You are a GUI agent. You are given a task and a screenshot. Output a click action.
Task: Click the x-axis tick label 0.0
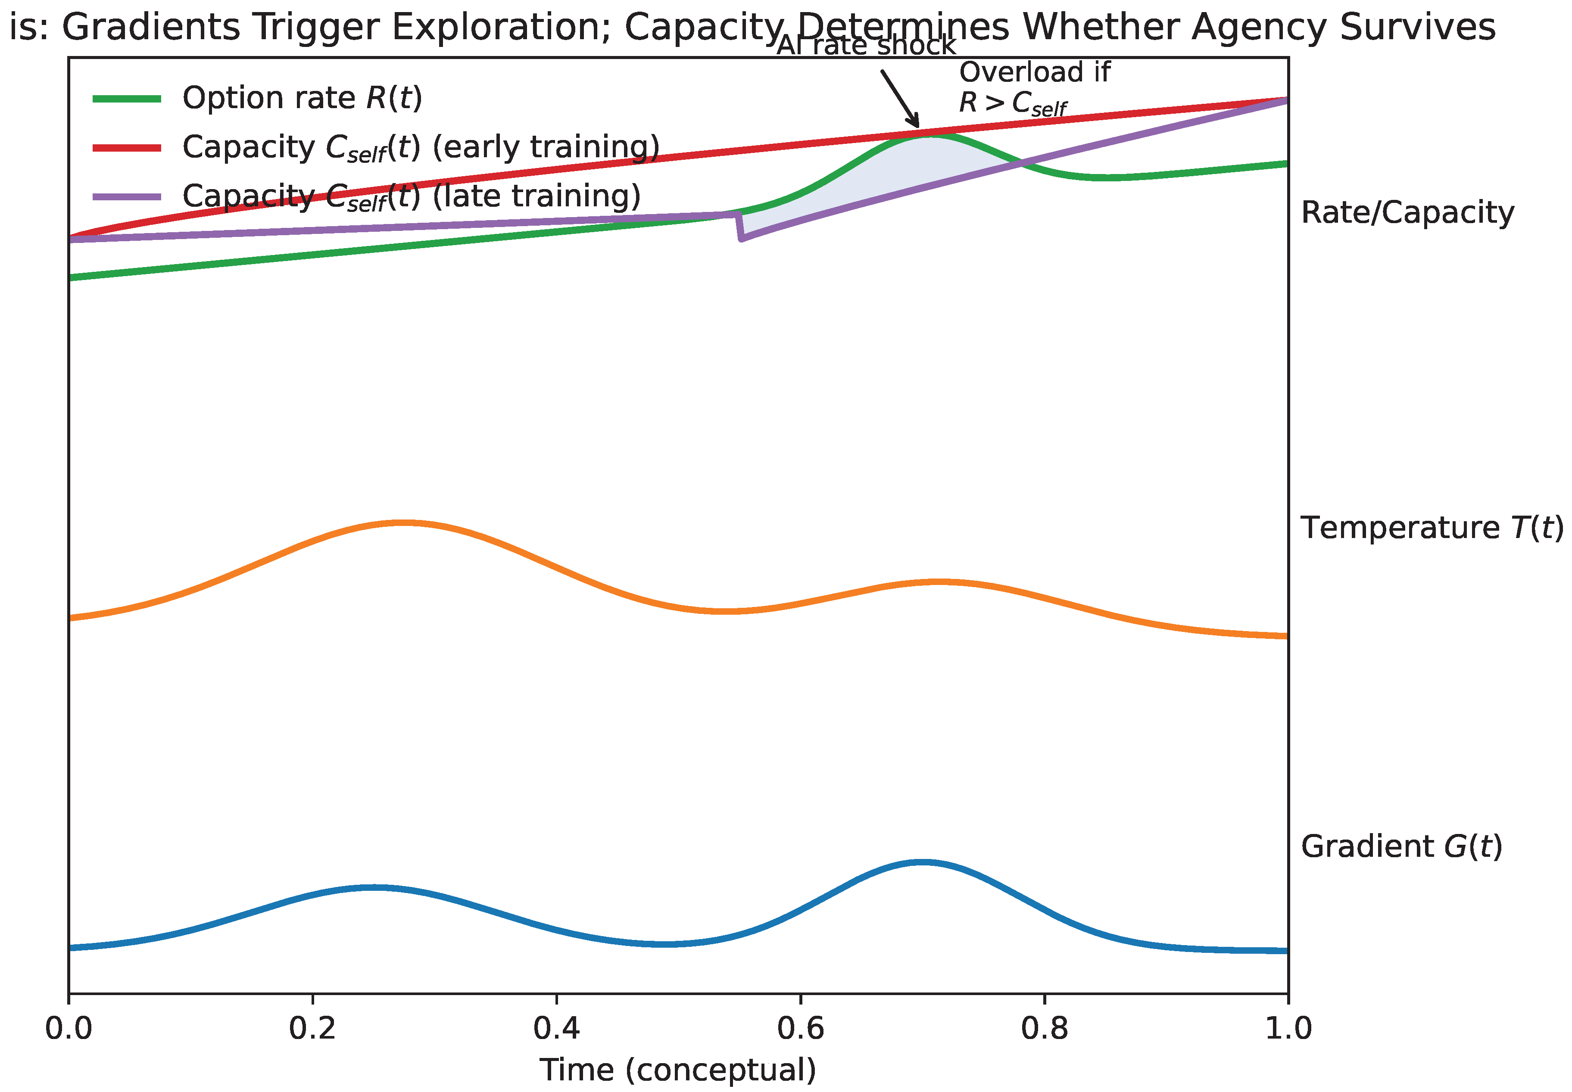click(x=69, y=1028)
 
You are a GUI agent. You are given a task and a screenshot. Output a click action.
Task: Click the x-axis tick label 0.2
click(x=312, y=1028)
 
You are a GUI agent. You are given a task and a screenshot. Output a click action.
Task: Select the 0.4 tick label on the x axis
click(x=556, y=1028)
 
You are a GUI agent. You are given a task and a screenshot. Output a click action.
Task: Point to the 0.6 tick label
click(x=800, y=1028)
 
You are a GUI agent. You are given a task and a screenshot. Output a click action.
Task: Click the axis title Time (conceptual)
click(x=677, y=1070)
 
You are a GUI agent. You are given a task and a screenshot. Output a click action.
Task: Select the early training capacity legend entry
click(x=420, y=147)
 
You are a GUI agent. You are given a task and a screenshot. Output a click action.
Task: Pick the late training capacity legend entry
click(x=411, y=196)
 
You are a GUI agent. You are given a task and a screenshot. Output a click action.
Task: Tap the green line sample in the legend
click(x=127, y=99)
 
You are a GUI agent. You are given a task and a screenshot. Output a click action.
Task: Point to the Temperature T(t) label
click(x=1432, y=528)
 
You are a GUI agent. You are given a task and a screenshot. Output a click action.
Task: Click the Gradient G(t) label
click(x=1401, y=846)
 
